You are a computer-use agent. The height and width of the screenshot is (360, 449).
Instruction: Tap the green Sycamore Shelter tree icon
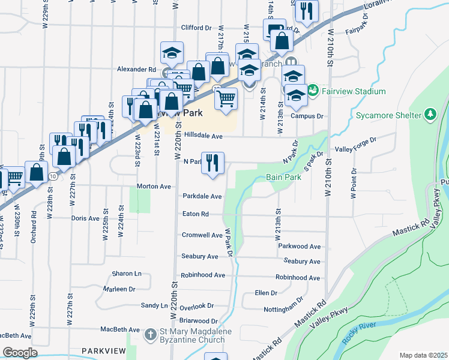click(430, 113)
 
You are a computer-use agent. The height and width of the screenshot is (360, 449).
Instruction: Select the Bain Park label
click(284, 178)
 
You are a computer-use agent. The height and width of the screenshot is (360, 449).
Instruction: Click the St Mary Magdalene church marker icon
click(152, 332)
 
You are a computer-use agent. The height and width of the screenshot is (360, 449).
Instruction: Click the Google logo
click(20, 353)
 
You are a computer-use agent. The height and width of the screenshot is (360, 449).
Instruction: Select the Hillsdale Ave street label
click(203, 136)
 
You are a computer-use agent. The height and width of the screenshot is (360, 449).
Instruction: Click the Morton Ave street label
click(154, 187)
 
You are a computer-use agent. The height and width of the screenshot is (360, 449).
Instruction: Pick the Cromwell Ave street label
click(202, 235)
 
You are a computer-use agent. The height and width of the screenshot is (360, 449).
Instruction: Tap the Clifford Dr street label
click(197, 28)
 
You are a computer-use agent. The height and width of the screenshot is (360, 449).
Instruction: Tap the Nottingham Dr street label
click(283, 309)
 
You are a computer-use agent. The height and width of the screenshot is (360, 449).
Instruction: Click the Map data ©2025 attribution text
click(423, 355)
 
